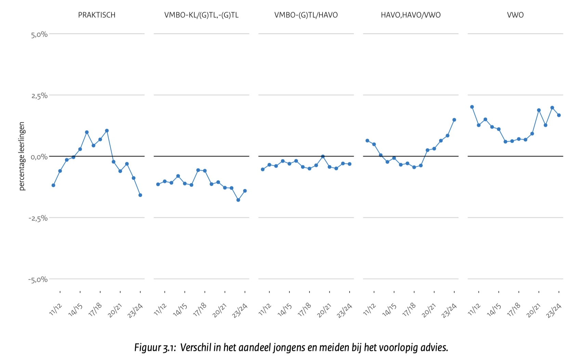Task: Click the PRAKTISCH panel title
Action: (x=96, y=15)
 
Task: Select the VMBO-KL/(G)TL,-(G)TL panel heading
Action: (x=201, y=15)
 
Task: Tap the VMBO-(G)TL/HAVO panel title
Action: (x=306, y=15)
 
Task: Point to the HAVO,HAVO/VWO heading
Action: (x=410, y=15)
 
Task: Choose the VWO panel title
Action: (x=515, y=15)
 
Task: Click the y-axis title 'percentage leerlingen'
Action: (x=22, y=156)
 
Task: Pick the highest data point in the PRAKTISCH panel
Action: (x=107, y=131)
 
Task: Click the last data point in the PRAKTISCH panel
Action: (x=140, y=195)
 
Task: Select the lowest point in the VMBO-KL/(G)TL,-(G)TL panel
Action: (x=238, y=200)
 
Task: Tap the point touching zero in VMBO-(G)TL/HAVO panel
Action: (x=323, y=156)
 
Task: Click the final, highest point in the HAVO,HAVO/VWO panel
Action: (x=454, y=120)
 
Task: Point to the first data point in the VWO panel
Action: (x=472, y=107)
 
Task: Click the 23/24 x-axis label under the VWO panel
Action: (x=554, y=310)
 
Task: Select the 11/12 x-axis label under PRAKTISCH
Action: (x=55, y=309)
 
